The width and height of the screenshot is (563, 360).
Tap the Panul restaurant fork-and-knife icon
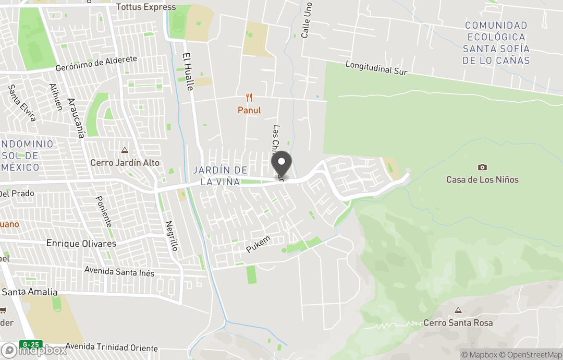pos(249,98)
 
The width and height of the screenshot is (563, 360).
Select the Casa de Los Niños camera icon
pos(482,167)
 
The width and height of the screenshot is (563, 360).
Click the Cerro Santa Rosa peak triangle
pos(458,310)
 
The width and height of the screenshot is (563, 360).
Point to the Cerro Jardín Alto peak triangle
pos(125,151)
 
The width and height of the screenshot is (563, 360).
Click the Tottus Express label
pos(146,7)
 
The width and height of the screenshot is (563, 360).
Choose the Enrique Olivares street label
pos(81,244)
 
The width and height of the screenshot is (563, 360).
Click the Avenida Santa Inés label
pos(119,272)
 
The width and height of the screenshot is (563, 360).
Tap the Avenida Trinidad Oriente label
pos(112,348)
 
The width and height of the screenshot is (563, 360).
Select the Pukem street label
pos(259,245)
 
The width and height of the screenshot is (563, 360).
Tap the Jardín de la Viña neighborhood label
pos(220,176)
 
